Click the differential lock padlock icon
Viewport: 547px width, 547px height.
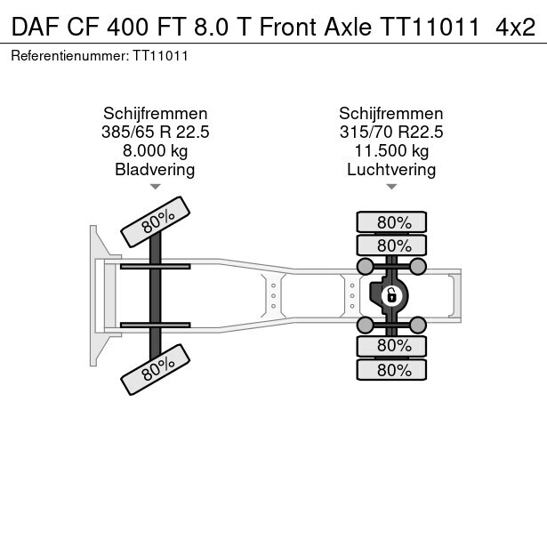[391, 296]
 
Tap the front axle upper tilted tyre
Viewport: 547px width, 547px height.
[156, 221]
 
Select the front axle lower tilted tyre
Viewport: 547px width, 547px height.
[156, 369]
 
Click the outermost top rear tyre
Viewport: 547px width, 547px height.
[391, 221]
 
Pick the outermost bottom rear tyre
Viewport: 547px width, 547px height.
[391, 370]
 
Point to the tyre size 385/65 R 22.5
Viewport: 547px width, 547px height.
[156, 133]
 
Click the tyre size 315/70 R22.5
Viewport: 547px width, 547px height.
[391, 133]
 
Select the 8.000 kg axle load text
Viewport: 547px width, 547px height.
[156, 151]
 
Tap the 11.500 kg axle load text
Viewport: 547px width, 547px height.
[391, 151]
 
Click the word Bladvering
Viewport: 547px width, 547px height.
[156, 170]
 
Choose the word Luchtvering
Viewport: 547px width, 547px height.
[391, 170]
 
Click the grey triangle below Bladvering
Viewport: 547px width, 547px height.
[156, 187]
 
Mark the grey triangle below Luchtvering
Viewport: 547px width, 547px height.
[391, 187]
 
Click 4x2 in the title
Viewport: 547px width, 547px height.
[515, 27]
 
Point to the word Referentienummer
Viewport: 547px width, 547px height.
[68, 56]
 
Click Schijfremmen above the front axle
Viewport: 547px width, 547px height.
[156, 114]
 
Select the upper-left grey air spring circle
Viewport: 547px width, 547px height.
[366, 267]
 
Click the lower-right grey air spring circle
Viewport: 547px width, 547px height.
[417, 326]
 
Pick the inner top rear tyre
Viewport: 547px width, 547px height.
[391, 245]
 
